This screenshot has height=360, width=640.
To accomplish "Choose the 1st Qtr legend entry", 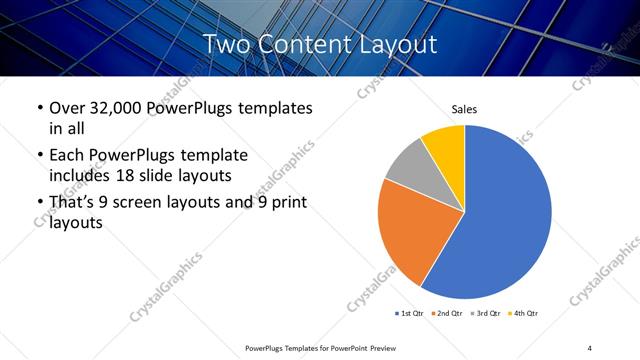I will coord(410,314).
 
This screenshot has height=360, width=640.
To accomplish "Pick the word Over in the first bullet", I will coord(67,107).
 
